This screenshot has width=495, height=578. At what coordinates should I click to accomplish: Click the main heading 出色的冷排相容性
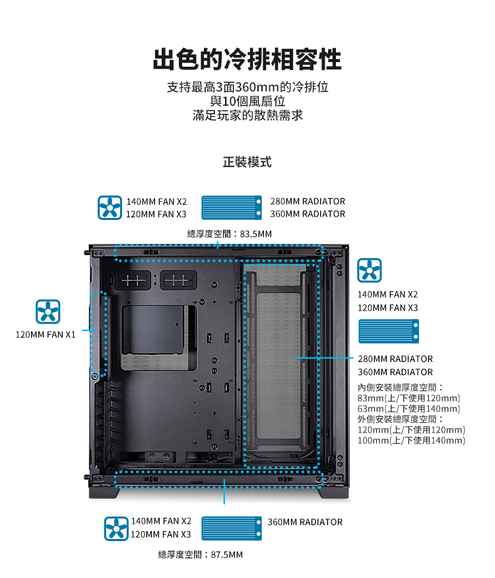(x=247, y=59)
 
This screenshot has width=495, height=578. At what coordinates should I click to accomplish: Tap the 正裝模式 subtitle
(x=247, y=163)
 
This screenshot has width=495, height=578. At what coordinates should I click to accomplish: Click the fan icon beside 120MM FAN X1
(x=48, y=312)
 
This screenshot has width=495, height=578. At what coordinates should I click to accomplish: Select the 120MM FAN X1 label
(x=46, y=335)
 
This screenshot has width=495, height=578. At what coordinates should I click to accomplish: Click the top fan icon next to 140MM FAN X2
(x=110, y=208)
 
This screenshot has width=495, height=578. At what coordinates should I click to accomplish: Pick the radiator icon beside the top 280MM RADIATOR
(x=232, y=207)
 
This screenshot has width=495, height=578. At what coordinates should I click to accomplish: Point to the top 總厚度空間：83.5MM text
(x=230, y=234)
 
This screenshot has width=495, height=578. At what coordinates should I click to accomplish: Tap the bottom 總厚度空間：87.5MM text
(x=201, y=555)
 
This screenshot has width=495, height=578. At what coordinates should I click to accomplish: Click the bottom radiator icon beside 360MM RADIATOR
(x=232, y=528)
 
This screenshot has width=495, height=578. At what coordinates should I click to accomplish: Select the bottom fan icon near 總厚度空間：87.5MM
(x=116, y=528)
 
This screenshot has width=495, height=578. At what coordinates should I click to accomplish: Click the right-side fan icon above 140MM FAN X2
(x=370, y=270)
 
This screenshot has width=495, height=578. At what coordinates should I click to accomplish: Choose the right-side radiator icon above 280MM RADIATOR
(x=389, y=331)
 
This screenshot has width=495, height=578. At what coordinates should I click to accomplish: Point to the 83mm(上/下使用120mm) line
(x=409, y=398)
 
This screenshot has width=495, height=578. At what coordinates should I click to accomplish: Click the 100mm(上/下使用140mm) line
(x=411, y=441)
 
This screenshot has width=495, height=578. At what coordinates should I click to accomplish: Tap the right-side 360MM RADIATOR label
(x=395, y=372)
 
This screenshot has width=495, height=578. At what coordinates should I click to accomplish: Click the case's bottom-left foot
(x=104, y=493)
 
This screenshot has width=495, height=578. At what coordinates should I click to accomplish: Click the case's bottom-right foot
(x=334, y=493)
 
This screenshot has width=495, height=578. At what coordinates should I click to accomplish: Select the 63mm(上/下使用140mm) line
(x=409, y=409)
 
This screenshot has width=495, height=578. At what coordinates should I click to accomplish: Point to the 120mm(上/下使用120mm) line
(x=411, y=430)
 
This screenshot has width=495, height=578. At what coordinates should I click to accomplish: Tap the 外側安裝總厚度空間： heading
(x=401, y=419)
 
